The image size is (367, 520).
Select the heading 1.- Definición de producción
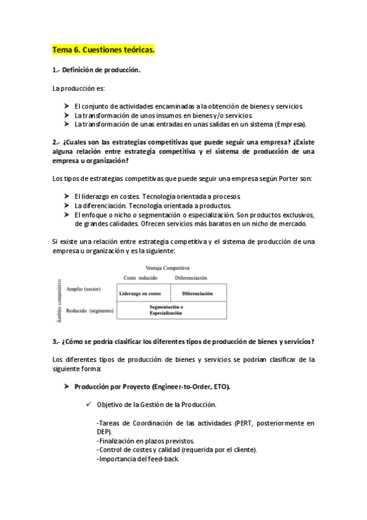click(96, 69)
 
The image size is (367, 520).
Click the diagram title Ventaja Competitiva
click(167, 268)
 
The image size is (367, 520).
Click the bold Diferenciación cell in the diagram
click(197, 293)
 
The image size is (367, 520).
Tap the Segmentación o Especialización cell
click(167, 310)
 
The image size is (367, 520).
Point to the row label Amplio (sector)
click(83, 289)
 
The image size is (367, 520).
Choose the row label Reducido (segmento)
click(89, 311)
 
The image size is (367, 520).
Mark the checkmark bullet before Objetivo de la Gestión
click(89, 405)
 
